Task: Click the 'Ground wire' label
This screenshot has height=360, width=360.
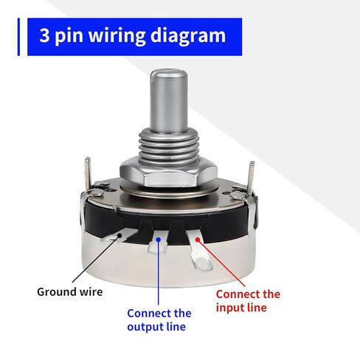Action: tap(70, 291)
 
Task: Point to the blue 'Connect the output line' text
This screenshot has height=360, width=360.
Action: tap(159, 319)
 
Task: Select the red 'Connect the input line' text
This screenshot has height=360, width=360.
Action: tap(248, 300)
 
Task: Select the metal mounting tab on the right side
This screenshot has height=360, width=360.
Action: tap(252, 177)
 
